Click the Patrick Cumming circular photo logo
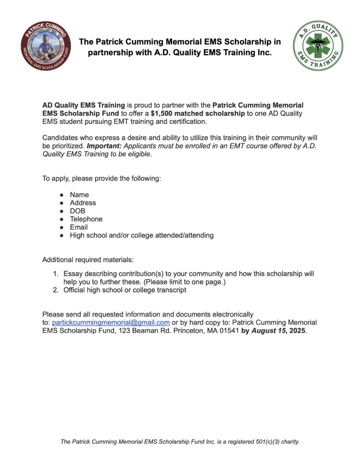point(46,46)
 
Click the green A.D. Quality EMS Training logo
point(318,46)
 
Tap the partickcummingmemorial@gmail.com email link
point(111,322)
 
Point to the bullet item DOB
point(77,211)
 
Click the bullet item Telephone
point(86,219)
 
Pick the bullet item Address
point(83,203)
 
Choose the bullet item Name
point(79,194)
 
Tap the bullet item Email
point(79,227)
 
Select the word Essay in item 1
point(73,274)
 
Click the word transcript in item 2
point(170,290)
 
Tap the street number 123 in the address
point(125,331)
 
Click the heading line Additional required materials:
point(88,260)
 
